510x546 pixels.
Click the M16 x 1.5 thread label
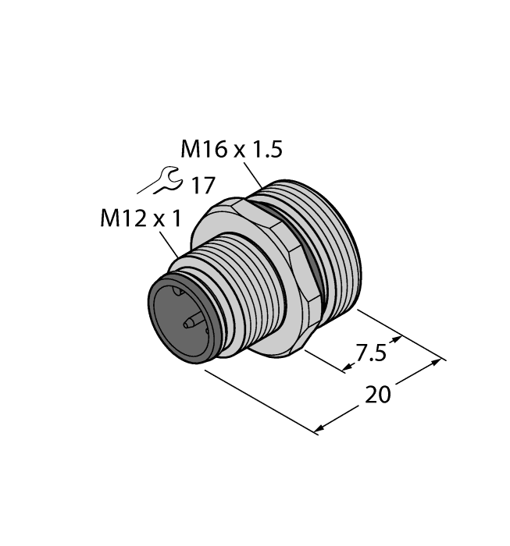click(230, 149)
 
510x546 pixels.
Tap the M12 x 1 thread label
click(140, 220)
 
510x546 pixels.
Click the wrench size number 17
click(202, 185)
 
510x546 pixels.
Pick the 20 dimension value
click(379, 395)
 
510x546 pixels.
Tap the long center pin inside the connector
click(191, 321)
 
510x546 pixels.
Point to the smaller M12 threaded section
click(234, 289)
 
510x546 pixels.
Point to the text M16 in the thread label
click(202, 149)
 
